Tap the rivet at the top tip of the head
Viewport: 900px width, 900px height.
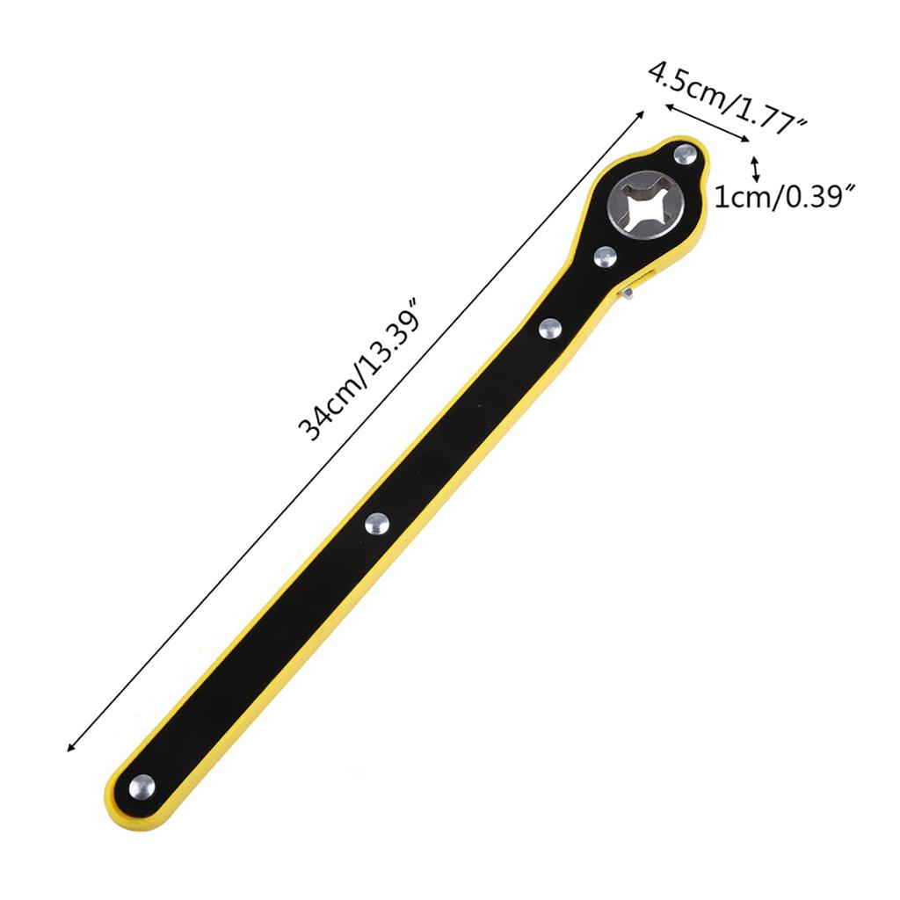(685, 156)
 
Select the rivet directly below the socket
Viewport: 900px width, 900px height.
(605, 256)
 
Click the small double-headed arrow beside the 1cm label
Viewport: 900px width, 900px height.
(755, 169)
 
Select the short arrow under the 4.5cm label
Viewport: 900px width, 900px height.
(706, 121)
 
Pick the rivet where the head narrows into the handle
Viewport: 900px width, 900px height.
(550, 329)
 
